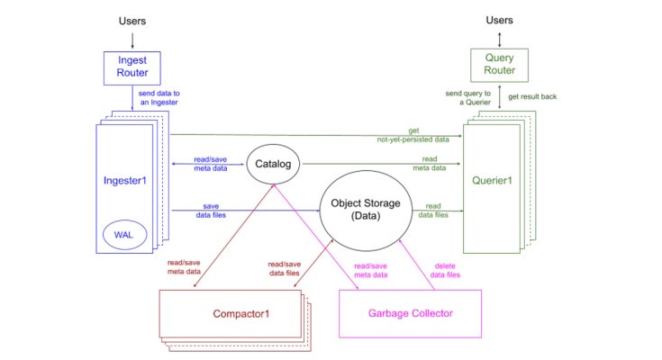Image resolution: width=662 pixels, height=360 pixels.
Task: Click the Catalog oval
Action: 271,165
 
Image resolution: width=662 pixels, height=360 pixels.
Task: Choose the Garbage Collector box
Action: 409,313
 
